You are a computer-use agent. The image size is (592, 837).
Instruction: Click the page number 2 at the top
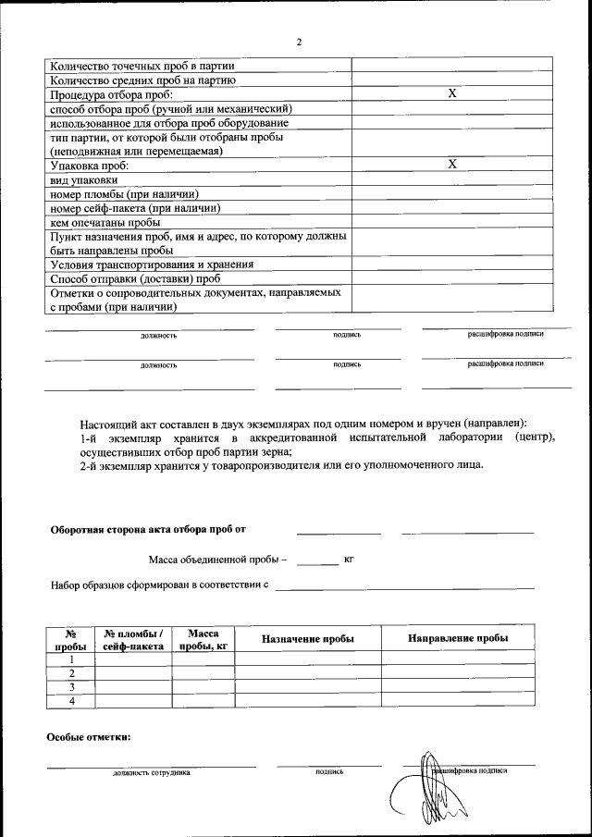pos(299,43)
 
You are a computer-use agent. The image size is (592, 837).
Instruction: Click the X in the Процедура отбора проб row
pos(452,93)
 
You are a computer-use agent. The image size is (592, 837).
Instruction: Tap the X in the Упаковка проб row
pos(452,164)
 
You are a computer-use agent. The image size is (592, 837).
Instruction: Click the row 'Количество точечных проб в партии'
pos(142,66)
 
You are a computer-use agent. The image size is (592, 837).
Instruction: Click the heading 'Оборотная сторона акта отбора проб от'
pos(148,529)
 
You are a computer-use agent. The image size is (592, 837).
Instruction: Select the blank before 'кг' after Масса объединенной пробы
pos(317,560)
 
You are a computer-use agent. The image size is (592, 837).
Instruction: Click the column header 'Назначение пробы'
pos(308,639)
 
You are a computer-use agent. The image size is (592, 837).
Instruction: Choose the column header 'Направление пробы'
pos(458,639)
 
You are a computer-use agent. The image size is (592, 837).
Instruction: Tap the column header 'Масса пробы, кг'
pos(203,639)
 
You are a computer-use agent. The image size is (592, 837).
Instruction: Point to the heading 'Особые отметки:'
pos(89,736)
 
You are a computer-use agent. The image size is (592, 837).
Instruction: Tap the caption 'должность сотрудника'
pos(152,771)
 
